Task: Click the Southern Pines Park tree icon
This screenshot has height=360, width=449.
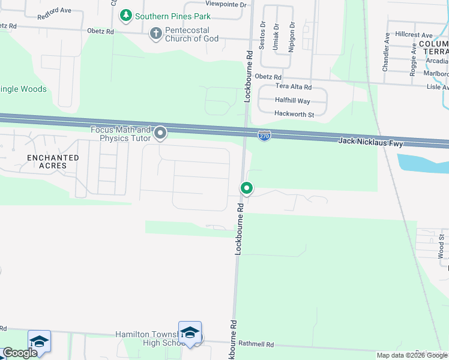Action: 125,16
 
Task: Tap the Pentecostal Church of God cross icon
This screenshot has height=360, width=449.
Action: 156,34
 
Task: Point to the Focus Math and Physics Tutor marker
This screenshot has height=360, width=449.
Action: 160,133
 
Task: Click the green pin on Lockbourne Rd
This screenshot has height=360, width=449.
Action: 246,188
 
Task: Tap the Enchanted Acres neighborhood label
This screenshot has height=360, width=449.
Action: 53,161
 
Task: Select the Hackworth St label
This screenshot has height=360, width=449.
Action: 294,114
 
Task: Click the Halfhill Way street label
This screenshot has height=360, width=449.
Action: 292,101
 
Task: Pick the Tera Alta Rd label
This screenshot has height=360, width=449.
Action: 294,87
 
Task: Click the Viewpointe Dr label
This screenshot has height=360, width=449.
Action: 226,4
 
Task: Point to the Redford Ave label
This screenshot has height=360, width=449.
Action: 54,11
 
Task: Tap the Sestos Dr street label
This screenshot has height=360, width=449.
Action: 262,32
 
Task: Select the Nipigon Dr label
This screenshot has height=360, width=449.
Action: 292,37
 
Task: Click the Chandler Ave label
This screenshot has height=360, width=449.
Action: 387,52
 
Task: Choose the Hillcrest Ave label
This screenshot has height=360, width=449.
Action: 410,35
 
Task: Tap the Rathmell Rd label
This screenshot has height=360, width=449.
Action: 256,345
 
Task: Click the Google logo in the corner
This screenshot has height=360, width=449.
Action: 20,353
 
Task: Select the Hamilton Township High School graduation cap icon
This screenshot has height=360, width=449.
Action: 190,332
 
